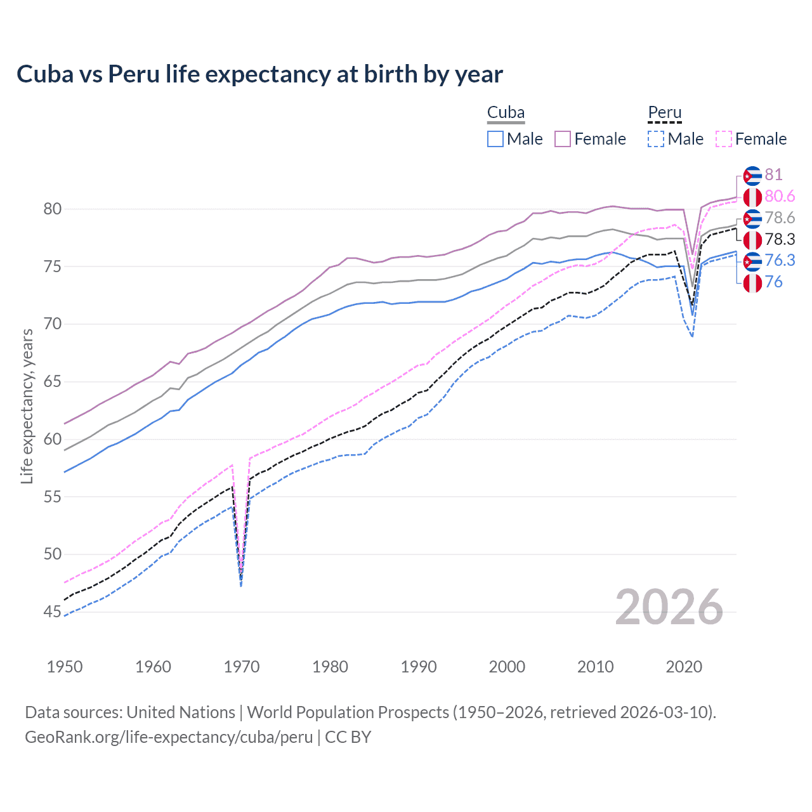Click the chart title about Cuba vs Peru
click(x=259, y=74)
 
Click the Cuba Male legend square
click(x=495, y=139)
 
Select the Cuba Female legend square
click(x=563, y=139)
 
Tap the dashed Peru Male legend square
click(x=656, y=139)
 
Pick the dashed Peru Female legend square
click(x=723, y=139)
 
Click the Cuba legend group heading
click(x=506, y=113)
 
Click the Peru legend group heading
click(x=664, y=113)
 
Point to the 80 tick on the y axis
click(x=53, y=209)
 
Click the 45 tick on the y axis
click(x=53, y=612)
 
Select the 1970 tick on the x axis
click(x=242, y=667)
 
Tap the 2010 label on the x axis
click(x=595, y=667)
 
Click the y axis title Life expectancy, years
click(x=27, y=406)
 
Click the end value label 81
click(x=773, y=174)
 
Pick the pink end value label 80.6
click(x=780, y=196)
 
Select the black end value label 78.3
click(x=780, y=239)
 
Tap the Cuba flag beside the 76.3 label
click(x=752, y=261)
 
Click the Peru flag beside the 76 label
click(x=752, y=282)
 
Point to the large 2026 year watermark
click(x=669, y=607)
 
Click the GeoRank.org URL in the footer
click(x=169, y=737)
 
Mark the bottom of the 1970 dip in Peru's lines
click(x=241, y=580)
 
